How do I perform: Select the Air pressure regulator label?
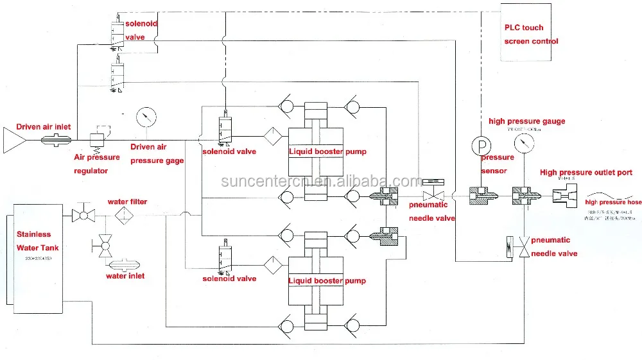click(x=96, y=164)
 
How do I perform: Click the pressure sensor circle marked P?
click(x=480, y=144)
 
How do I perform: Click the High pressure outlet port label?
click(x=586, y=173)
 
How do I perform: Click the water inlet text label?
click(x=125, y=276)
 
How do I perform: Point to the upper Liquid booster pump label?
click(x=327, y=152)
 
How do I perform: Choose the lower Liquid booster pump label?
click(x=327, y=280)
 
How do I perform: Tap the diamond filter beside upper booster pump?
click(x=272, y=136)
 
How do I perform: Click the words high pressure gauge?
click(x=526, y=121)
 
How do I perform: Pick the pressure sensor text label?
click(x=498, y=164)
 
